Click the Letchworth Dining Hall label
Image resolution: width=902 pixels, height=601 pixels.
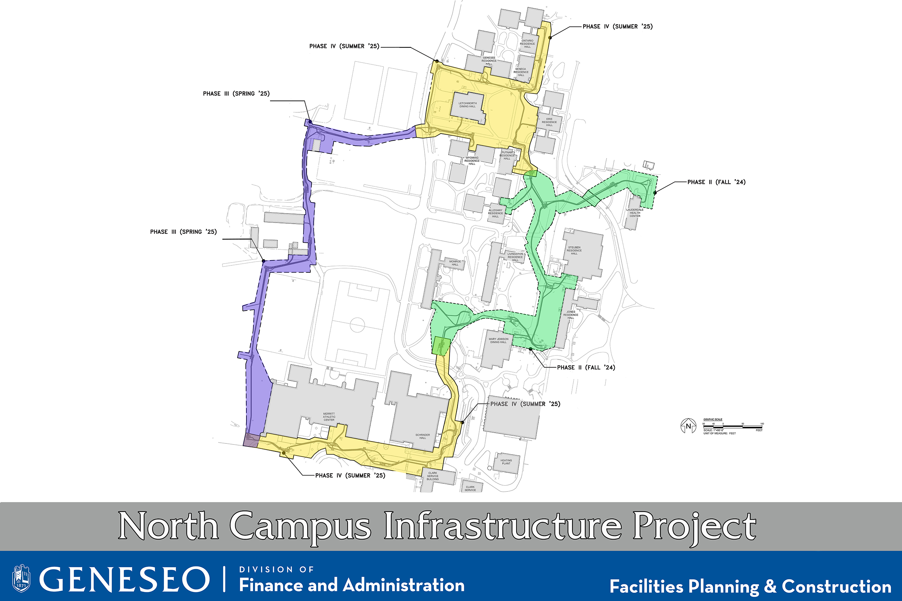pos(467,105)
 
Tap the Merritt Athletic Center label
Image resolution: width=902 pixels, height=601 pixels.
pos(329,417)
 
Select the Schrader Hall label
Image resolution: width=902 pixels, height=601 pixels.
pos(422,436)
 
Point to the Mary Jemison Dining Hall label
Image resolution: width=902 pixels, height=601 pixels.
pos(499,340)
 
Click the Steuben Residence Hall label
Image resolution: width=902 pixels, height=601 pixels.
pos(574,250)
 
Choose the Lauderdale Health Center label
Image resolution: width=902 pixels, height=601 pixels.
pos(635,213)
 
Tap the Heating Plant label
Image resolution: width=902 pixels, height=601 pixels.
pos(506,462)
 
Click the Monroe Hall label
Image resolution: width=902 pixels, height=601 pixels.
pos(455,263)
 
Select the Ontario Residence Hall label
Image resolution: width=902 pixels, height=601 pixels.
pos(527,44)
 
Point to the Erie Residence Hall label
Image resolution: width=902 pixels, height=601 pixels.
pos(549,122)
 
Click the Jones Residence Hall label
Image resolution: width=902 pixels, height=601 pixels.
pos(571,315)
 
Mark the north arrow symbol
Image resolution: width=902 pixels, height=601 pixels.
pos(688,426)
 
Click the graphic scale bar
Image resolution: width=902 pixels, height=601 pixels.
pos(733,426)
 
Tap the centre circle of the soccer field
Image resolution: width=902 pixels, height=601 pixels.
pos(357,324)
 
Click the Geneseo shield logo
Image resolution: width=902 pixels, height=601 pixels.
pos(21,578)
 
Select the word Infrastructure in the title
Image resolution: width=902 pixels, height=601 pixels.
pos(503,527)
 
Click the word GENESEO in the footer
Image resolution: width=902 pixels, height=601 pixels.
pos(124,579)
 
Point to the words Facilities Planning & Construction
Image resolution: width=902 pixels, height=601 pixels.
pos(750,586)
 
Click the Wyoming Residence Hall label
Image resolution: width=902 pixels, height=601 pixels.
pos(472,161)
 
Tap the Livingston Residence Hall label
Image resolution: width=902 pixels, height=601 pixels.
pos(515,257)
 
